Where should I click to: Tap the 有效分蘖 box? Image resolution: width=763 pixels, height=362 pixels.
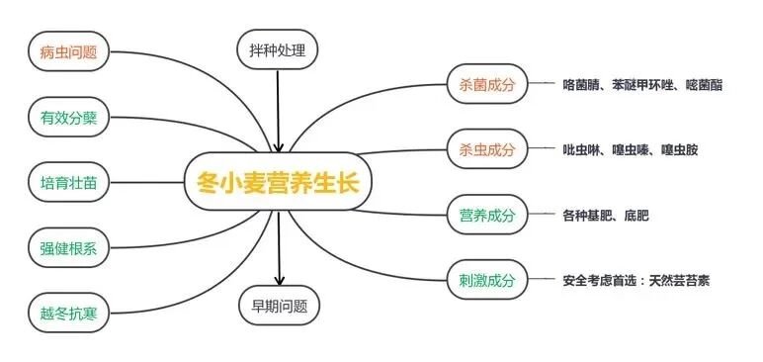67,118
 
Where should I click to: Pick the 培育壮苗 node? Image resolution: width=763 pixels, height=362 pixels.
67,183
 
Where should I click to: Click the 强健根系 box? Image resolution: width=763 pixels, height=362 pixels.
67,247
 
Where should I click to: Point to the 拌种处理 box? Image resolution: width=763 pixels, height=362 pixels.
278,48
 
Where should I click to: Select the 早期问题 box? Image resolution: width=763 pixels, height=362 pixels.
279,306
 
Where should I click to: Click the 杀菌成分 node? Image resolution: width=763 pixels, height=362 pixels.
487,85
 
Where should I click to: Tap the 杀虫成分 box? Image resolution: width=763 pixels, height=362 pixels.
487,149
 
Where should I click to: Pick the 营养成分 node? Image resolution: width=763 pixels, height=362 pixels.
487,215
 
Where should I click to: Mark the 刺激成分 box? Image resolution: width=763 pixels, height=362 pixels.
487,280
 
